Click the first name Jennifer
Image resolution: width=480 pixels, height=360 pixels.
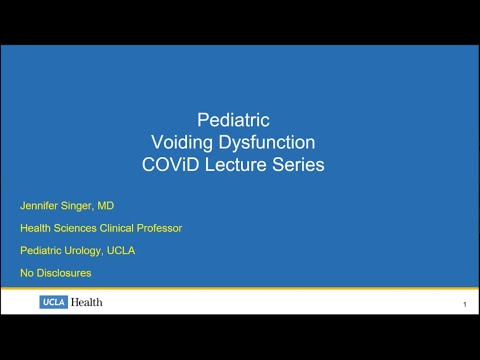coord(41,205)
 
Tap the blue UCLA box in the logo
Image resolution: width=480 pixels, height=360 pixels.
coord(53,302)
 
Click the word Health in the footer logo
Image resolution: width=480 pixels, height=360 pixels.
coord(86,302)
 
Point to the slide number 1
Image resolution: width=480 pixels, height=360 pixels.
coord(465,304)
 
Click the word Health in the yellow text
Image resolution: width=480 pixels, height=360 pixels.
coord(35,228)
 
